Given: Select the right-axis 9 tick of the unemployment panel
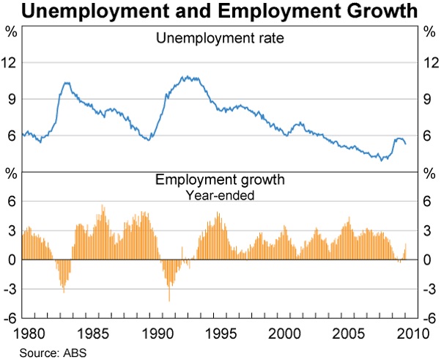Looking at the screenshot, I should (x=430, y=99).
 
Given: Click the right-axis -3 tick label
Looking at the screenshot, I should (x=430, y=289).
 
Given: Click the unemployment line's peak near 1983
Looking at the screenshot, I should (x=66, y=83).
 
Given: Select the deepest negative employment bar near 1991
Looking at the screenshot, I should (x=169, y=301).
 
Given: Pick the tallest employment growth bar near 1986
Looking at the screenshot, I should (x=103, y=206).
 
